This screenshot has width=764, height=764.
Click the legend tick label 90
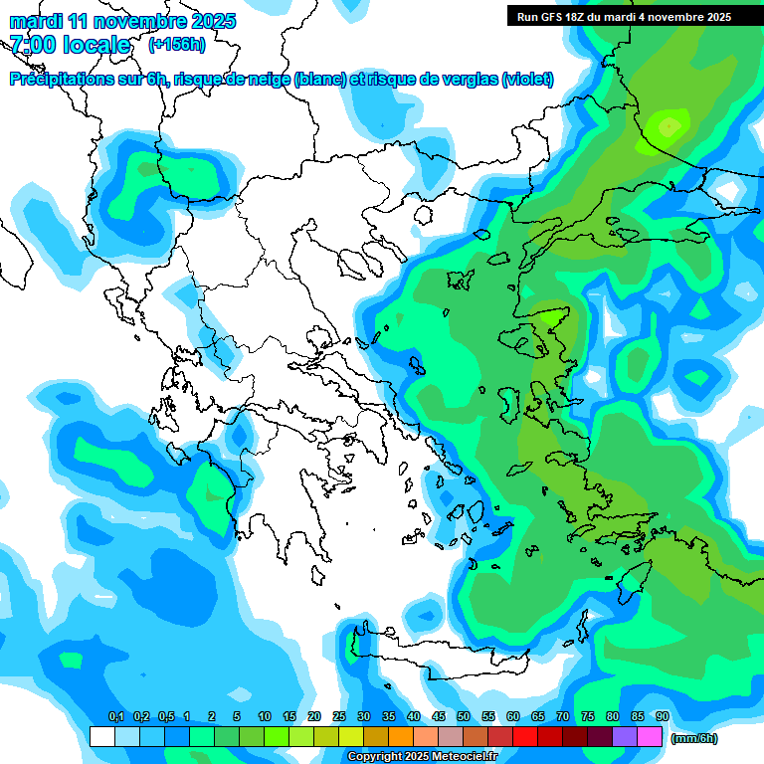tap(662, 716)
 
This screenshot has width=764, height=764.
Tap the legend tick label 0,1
tap(115, 716)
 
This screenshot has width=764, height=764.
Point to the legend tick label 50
tap(463, 716)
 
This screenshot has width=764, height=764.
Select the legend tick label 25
tap(339, 716)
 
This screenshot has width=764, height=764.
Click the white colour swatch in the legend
tap(101, 736)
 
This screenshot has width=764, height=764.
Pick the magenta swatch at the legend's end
tap(650, 736)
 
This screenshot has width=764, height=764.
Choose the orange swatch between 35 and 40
tap(401, 736)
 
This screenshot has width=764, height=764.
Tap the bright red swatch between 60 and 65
tap(525, 736)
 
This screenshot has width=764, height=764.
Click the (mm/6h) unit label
tap(694, 738)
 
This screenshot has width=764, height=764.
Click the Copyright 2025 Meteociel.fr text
tap(422, 757)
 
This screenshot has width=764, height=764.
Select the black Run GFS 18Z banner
tap(635, 16)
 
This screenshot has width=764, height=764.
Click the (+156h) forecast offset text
tap(176, 44)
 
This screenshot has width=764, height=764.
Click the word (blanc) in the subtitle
tap(320, 80)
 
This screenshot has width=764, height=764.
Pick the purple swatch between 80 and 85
tap(625, 736)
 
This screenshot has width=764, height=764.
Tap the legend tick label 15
tap(289, 716)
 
